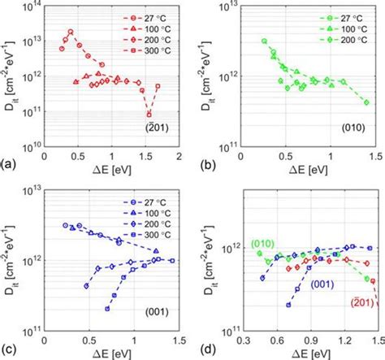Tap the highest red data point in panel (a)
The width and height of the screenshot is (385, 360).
point(71,32)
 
